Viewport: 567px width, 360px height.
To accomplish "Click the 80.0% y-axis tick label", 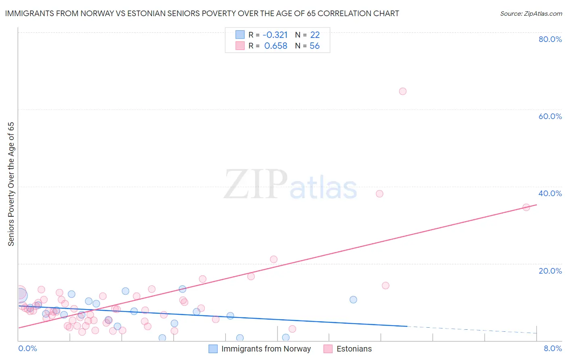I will pyautogui.click(x=550, y=39).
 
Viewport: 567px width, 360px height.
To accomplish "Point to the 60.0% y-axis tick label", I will pyautogui.click(x=550, y=116).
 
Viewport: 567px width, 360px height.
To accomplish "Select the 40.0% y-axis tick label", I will pyautogui.click(x=550, y=193).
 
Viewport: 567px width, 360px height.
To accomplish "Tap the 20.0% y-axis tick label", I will pyautogui.click(x=550, y=270).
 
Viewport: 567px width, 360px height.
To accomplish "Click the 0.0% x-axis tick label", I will pyautogui.click(x=27, y=348).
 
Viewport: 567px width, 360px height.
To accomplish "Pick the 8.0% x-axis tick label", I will pyautogui.click(x=552, y=348).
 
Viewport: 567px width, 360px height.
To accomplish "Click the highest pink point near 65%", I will pyautogui.click(x=402, y=91).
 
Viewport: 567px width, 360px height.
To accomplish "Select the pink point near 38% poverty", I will pyautogui.click(x=379, y=194).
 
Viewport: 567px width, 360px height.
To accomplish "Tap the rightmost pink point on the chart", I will pyautogui.click(x=526, y=207).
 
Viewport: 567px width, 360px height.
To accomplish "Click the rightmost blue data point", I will pyautogui.click(x=353, y=299).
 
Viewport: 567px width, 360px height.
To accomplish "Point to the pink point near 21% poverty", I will pyautogui.click(x=274, y=259).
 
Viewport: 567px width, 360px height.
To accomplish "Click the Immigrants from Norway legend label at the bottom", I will pyautogui.click(x=266, y=349).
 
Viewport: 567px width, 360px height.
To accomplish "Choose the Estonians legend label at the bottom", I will pyautogui.click(x=354, y=349).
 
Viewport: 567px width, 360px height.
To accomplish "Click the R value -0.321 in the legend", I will pyautogui.click(x=275, y=35).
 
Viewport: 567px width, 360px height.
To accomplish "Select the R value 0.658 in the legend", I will pyautogui.click(x=275, y=46).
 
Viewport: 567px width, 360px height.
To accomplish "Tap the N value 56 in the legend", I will pyautogui.click(x=315, y=46).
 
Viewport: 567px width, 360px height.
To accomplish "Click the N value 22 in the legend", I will pyautogui.click(x=315, y=35).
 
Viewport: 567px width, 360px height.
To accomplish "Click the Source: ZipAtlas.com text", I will pyautogui.click(x=531, y=14).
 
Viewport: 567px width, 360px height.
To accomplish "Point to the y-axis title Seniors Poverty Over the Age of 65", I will pyautogui.click(x=11, y=184).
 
